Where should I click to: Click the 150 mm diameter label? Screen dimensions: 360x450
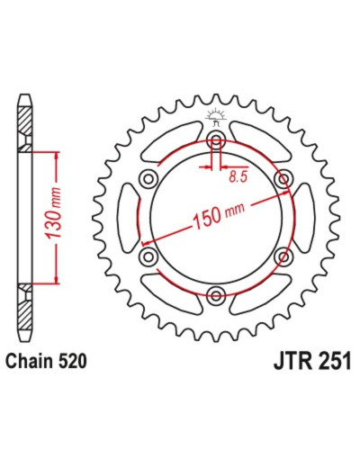click(x=220, y=214)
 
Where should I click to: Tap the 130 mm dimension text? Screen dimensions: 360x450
click(x=54, y=213)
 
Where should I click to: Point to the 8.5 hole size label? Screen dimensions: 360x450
click(x=238, y=177)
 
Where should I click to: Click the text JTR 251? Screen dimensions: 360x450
click(x=312, y=361)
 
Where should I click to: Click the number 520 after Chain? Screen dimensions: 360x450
click(x=72, y=361)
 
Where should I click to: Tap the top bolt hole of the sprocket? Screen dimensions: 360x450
click(x=216, y=139)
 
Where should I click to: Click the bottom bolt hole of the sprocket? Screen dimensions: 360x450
click(x=216, y=295)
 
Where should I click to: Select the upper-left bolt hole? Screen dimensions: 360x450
click(x=148, y=179)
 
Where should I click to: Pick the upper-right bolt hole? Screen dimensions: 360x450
click(x=283, y=179)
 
